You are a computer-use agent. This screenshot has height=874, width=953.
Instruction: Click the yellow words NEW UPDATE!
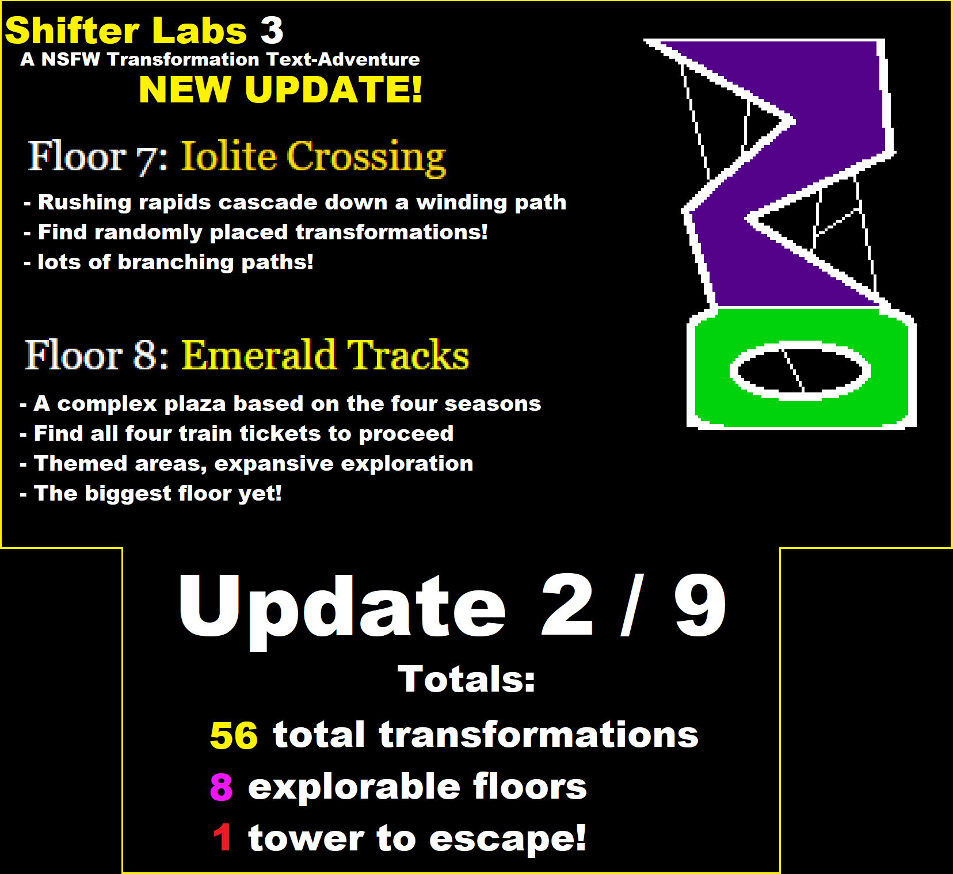point(281,90)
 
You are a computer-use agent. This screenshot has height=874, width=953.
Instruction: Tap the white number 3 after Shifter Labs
point(272,30)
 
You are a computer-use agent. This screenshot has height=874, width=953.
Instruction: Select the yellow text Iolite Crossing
point(314,157)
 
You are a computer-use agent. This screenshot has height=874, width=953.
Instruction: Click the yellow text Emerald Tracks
point(326,354)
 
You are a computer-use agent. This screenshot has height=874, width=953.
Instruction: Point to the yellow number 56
point(234,735)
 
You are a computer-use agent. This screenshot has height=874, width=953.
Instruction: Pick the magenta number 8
point(222,787)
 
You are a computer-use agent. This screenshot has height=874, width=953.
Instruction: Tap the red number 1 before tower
point(223,837)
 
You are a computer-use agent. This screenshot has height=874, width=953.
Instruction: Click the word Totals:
point(466,679)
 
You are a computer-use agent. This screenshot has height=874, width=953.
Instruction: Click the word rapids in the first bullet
point(175,203)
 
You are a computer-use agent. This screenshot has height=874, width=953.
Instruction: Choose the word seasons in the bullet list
point(492,404)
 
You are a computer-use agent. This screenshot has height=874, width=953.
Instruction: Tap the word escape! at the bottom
point(508,838)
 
